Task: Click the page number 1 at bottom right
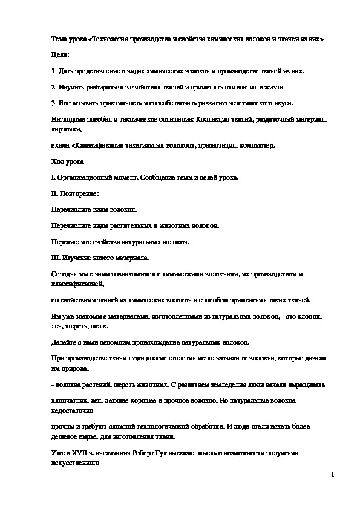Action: (x=333, y=475)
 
